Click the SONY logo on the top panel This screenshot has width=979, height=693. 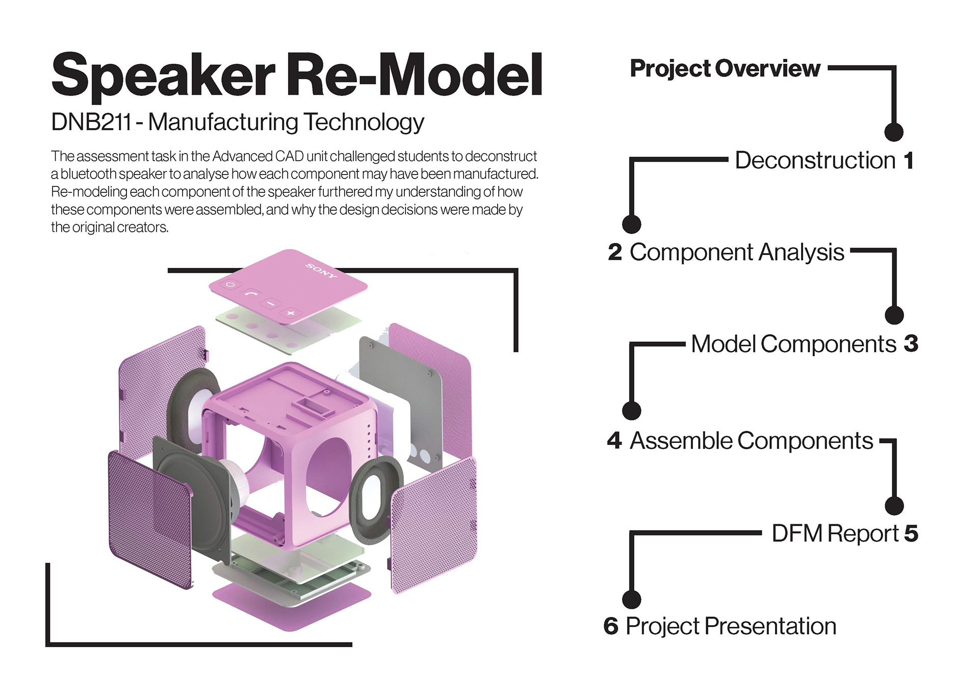click(321, 270)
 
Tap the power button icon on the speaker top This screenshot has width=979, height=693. click(231, 285)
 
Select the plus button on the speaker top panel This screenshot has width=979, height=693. click(291, 312)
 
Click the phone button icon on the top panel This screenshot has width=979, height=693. click(251, 293)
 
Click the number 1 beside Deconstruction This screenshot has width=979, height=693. click(909, 160)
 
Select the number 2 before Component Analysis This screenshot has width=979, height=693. click(615, 252)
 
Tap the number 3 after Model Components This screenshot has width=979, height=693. click(911, 343)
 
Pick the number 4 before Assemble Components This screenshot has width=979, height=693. click(614, 440)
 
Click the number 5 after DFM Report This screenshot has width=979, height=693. click(911, 533)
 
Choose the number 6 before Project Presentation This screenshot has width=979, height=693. click(611, 626)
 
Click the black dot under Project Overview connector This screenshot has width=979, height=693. click(894, 132)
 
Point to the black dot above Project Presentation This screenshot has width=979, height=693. click(632, 599)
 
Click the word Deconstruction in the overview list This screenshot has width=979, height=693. click(815, 160)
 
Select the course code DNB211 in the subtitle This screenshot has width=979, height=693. click(91, 122)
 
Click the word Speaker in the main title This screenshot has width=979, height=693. click(163, 77)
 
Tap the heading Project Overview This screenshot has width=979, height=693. click(725, 68)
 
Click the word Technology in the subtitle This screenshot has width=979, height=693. click(364, 123)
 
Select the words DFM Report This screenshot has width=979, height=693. click(835, 534)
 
